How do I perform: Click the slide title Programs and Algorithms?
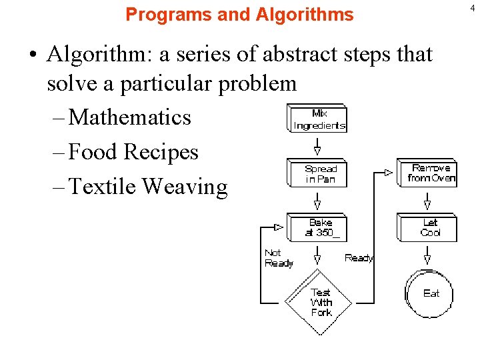click(x=239, y=14)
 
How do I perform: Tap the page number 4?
click(x=473, y=7)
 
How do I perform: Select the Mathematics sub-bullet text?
click(x=129, y=117)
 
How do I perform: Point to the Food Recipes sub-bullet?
click(x=133, y=152)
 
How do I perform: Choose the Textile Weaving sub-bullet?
click(x=148, y=187)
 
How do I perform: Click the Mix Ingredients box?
click(x=319, y=119)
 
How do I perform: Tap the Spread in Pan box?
click(x=320, y=173)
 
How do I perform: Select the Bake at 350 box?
click(x=319, y=227)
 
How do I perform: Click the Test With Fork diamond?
click(x=320, y=302)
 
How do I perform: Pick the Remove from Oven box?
click(x=431, y=173)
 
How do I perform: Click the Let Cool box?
click(x=430, y=227)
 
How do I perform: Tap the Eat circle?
click(x=431, y=293)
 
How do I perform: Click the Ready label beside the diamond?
click(x=358, y=258)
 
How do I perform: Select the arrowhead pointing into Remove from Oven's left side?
click(x=389, y=173)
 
